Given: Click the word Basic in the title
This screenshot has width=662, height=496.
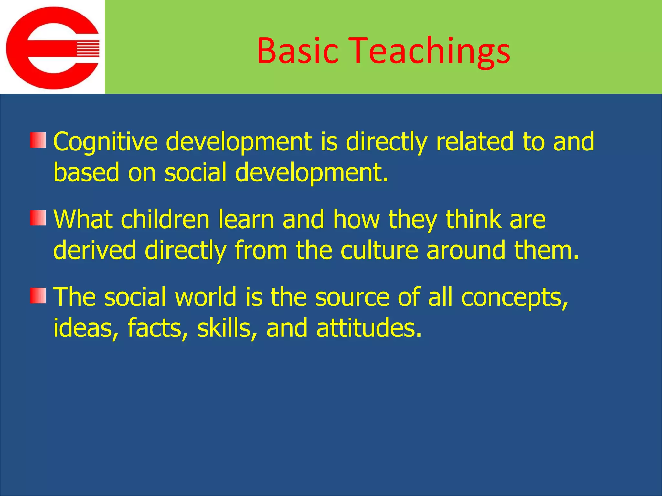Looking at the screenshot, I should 297,51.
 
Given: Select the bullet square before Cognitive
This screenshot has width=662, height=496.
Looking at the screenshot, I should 38,140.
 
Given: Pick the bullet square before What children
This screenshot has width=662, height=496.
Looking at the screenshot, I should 38,218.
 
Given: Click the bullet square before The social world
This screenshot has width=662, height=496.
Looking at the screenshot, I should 38,295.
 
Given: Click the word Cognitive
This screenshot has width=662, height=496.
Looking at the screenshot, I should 105,142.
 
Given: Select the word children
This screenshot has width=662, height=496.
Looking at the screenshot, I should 165,220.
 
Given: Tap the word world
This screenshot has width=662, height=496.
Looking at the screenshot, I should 206,297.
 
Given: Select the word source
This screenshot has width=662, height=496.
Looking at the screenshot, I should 352,297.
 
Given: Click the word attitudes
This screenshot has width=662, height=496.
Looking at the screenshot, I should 369,328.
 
